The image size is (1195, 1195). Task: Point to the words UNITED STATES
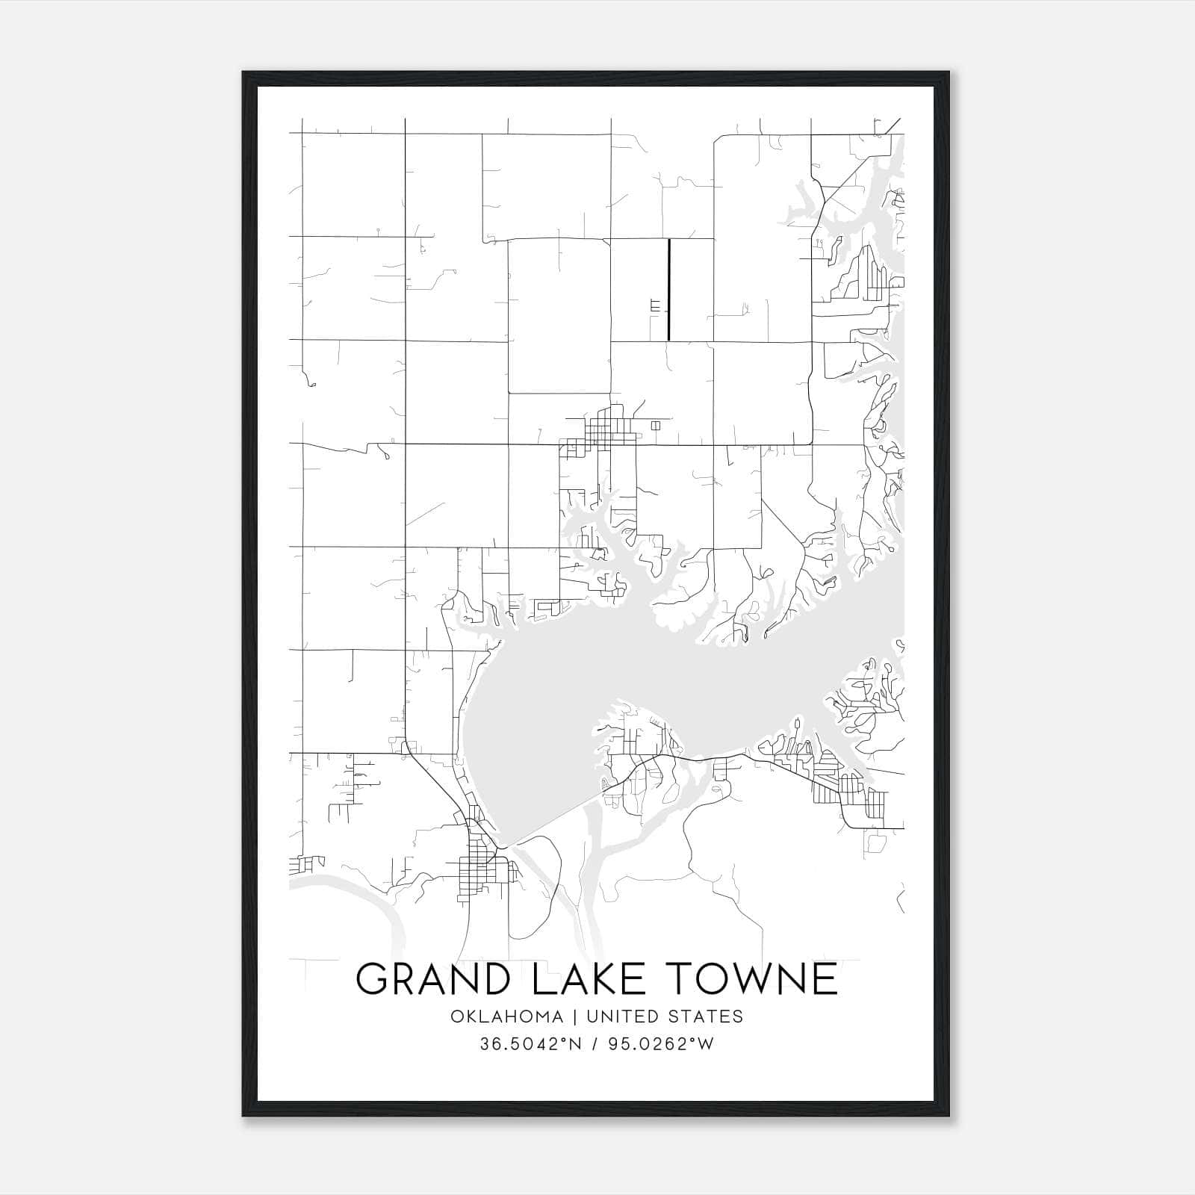(665, 1016)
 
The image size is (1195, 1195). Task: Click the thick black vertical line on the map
(668, 290)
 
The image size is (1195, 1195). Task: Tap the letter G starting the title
(372, 978)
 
